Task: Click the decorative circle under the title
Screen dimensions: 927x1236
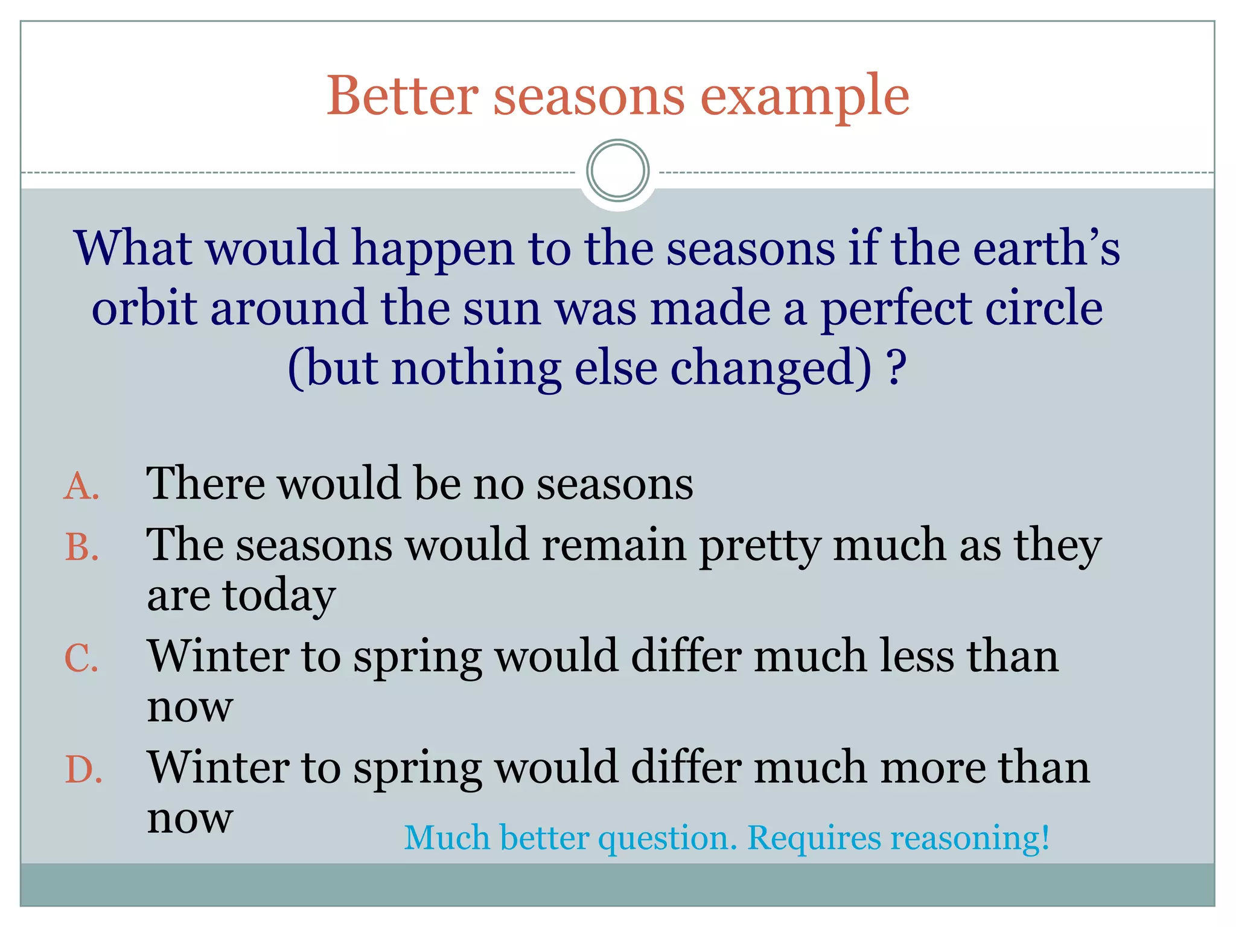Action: (x=617, y=171)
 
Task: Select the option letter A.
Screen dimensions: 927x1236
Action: (x=81, y=486)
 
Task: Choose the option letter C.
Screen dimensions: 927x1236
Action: (x=81, y=658)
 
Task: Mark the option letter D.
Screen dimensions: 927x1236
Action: (x=83, y=770)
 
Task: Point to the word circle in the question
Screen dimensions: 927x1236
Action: (x=1044, y=308)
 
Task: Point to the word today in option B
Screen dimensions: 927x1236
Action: (x=279, y=596)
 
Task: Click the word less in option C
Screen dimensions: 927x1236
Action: (x=917, y=656)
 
